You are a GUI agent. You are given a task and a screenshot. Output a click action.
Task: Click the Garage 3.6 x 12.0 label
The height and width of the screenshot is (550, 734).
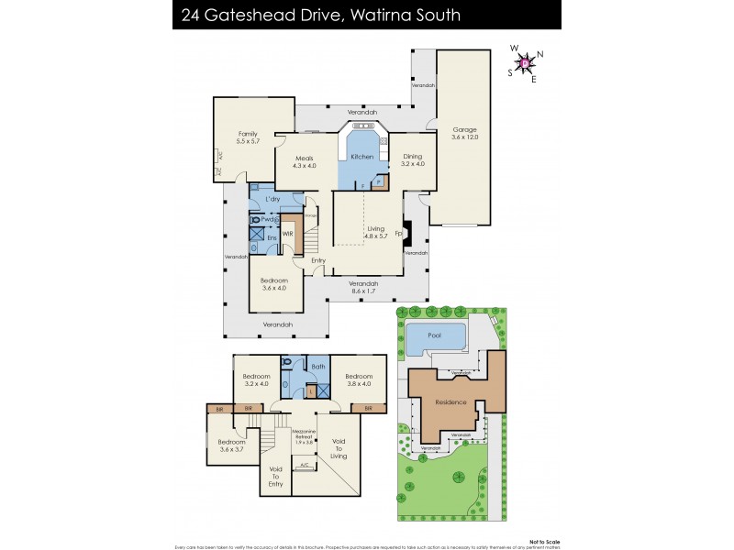pyautogui.click(x=464, y=133)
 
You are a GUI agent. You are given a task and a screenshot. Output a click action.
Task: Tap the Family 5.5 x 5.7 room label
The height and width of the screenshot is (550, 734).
pyautogui.click(x=248, y=137)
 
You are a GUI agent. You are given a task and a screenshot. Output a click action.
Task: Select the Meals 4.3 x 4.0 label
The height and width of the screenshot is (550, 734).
pyautogui.click(x=304, y=162)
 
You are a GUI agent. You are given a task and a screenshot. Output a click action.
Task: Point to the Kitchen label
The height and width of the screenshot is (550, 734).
pyautogui.click(x=362, y=158)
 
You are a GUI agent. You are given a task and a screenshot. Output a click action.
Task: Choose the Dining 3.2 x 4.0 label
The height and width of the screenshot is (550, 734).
pyautogui.click(x=413, y=160)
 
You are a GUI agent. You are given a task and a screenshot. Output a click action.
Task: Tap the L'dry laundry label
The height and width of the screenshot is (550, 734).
pyautogui.click(x=272, y=199)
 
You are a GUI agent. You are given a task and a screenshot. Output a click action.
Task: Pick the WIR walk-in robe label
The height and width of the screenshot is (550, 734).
pyautogui.click(x=288, y=234)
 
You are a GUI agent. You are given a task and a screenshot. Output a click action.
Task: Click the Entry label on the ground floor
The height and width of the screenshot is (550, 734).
pyautogui.click(x=317, y=261)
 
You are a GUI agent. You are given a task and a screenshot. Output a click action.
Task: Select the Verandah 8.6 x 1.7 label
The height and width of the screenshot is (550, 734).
pyautogui.click(x=363, y=288)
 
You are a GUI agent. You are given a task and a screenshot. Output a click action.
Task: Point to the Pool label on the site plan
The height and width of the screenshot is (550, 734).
pyautogui.click(x=434, y=336)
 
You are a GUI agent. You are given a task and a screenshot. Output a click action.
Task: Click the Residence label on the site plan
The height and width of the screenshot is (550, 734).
pyautogui.click(x=450, y=401)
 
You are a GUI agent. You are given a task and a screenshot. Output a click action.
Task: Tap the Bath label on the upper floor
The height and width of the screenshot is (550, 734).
pyautogui.click(x=318, y=367)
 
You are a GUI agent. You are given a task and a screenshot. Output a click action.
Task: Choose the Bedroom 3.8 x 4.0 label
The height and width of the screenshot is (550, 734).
pyautogui.click(x=359, y=379)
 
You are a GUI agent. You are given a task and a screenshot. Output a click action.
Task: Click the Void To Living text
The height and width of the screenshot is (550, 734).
pyautogui.click(x=337, y=448)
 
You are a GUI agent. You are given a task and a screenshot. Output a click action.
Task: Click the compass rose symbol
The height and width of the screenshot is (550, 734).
pyautogui.click(x=526, y=63)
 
